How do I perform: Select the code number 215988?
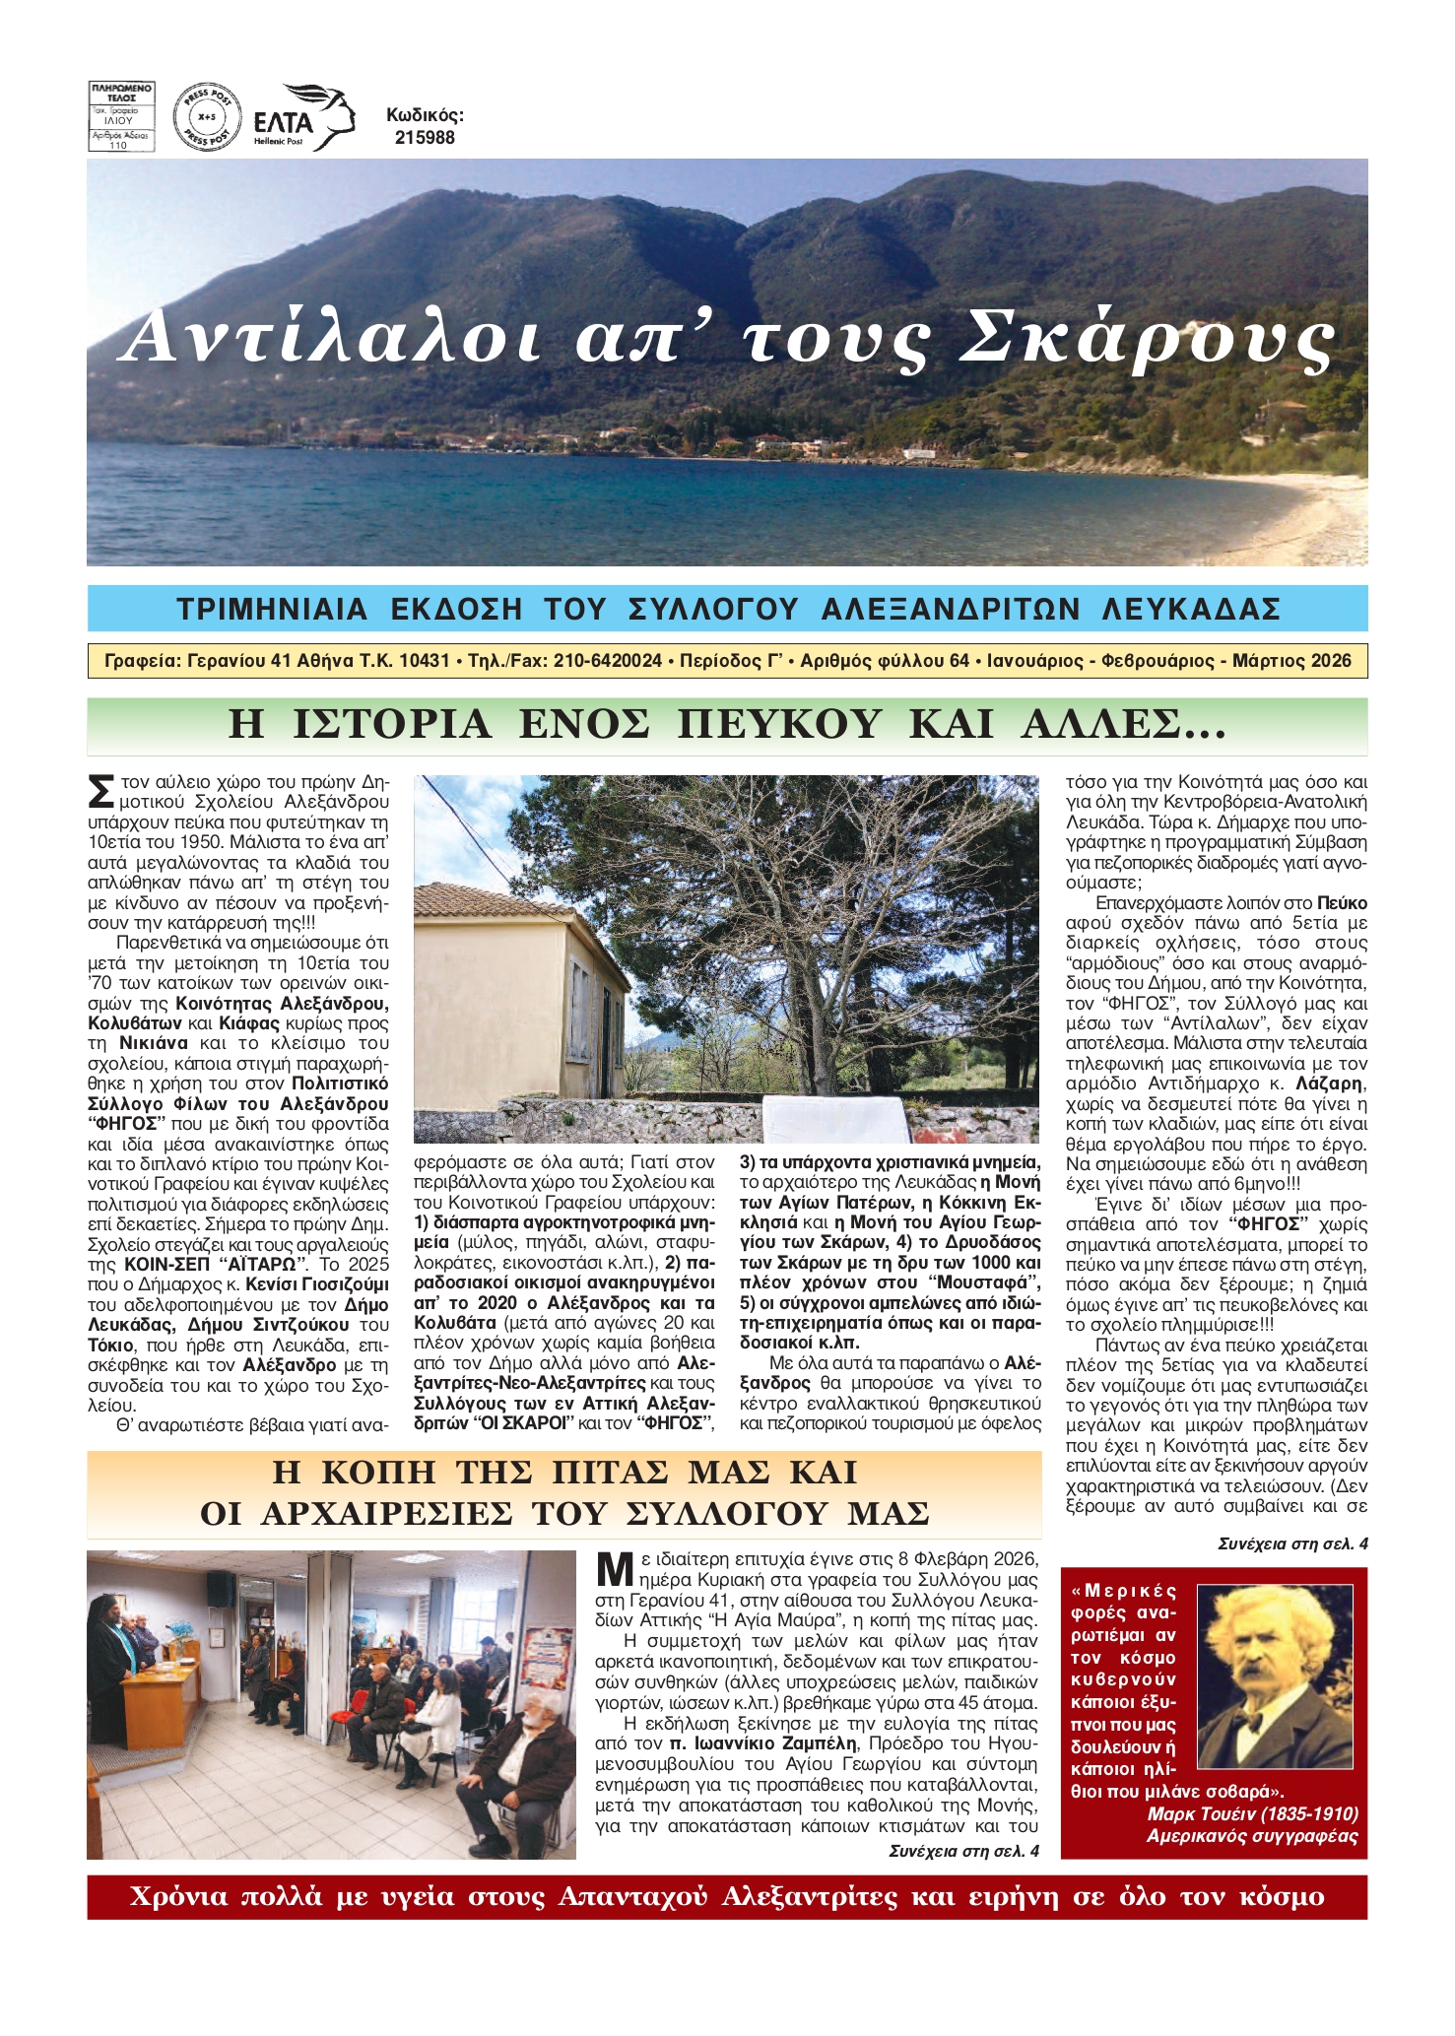pos(425,138)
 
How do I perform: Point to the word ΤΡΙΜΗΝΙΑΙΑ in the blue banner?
pos(272,609)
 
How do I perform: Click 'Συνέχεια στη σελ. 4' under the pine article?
pos(1291,1543)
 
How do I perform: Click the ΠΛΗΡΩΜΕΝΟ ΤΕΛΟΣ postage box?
pos(121,117)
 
